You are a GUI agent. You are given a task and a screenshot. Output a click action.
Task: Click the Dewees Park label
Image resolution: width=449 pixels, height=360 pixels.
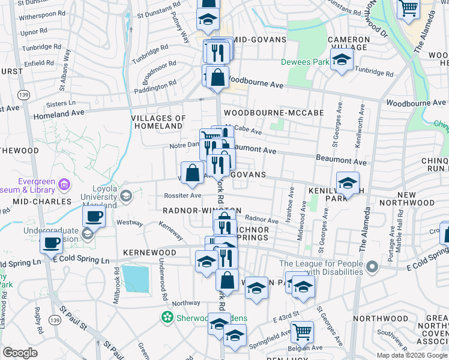(x=305, y=62)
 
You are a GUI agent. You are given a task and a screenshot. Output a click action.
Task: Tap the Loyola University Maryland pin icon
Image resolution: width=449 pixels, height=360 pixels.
(x=126, y=196)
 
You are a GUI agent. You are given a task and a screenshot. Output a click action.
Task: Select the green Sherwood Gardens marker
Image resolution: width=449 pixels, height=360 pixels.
(x=168, y=317)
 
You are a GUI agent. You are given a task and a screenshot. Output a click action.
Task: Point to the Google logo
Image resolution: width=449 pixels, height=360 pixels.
(x=20, y=353)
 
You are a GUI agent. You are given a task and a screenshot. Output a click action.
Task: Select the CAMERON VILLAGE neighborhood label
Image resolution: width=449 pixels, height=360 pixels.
(x=348, y=44)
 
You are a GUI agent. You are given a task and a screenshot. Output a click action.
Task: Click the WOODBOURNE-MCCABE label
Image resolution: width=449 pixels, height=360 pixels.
(x=273, y=112)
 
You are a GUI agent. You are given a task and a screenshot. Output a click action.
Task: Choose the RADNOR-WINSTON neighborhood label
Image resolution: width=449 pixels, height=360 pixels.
(x=202, y=211)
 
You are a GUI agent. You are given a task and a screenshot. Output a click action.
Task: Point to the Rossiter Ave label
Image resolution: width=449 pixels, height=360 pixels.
(x=183, y=195)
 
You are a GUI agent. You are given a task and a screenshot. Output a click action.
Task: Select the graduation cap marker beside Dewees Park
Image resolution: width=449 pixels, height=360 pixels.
(x=342, y=60)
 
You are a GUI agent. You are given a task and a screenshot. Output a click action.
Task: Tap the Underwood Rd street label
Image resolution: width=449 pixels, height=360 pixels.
(x=163, y=280)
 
